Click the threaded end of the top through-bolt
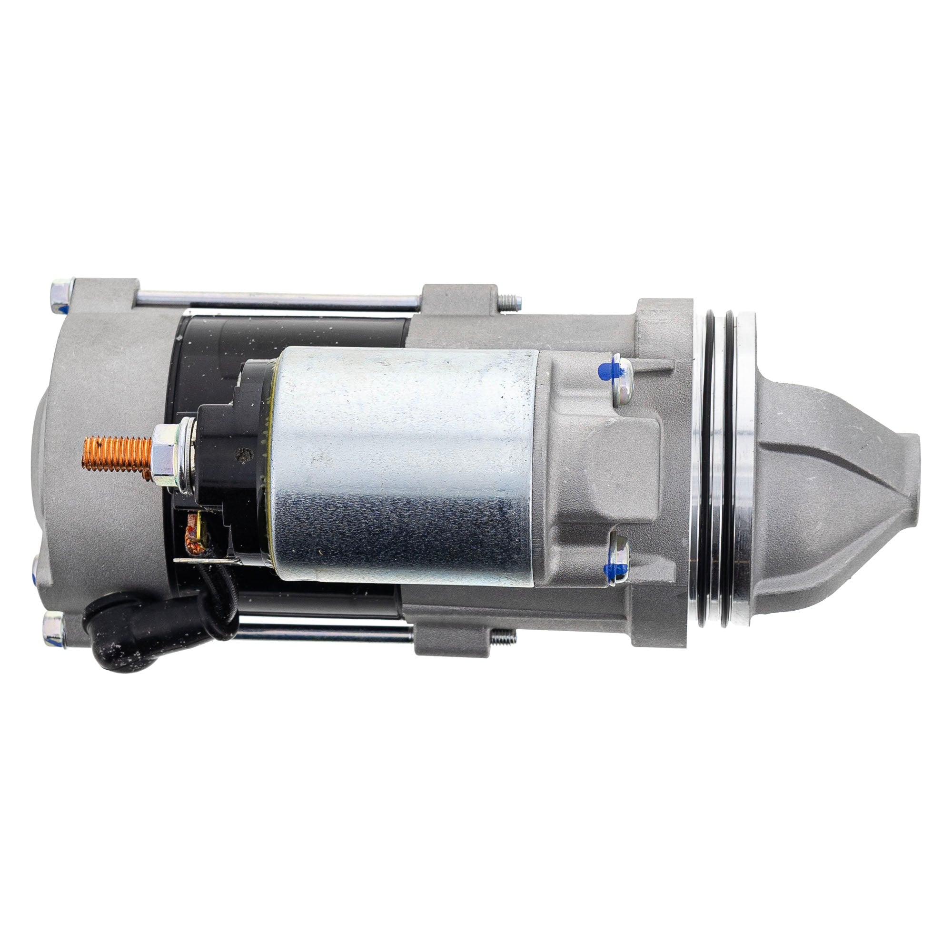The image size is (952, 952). tap(510, 302)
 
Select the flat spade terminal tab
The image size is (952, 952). tap(207, 560)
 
